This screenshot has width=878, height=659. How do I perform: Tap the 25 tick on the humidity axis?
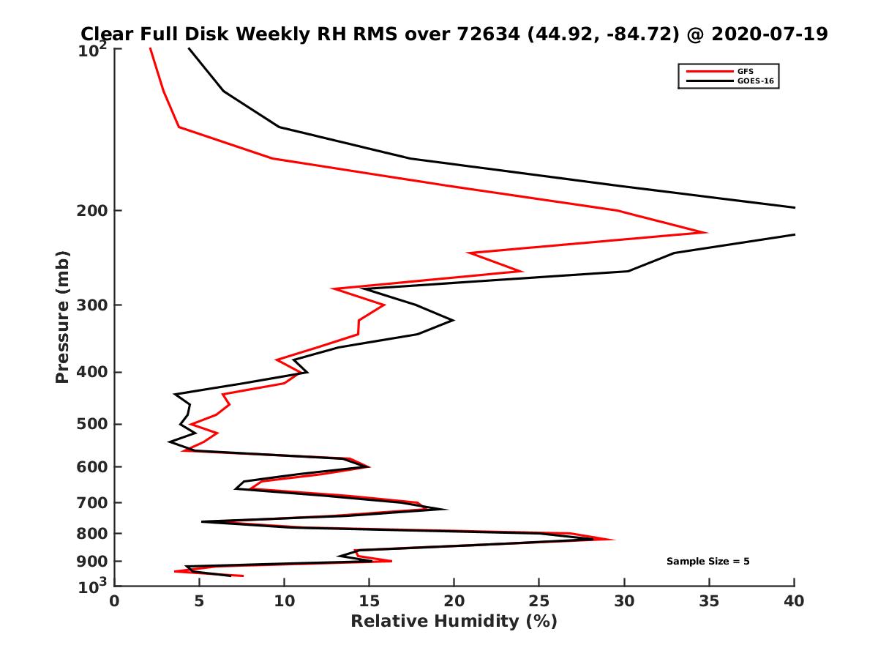[x=539, y=601]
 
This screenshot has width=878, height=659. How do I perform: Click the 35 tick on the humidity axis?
[x=709, y=601]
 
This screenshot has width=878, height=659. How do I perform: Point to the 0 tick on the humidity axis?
[x=115, y=601]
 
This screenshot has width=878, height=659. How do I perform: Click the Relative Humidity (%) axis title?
[x=454, y=622]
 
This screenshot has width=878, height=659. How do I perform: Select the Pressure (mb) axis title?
[x=62, y=316]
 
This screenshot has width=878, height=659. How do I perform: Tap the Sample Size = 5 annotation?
[x=708, y=561]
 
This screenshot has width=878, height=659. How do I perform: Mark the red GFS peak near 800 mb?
[x=614, y=540]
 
